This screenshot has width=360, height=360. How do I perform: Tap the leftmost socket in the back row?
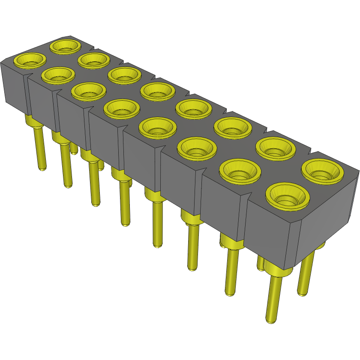pyautogui.click(x=66, y=45)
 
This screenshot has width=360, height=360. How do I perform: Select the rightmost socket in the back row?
pyautogui.click(x=322, y=171)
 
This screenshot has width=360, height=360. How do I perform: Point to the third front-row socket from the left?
pyautogui.click(x=88, y=90)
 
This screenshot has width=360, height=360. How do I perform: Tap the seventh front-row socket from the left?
pyautogui.click(x=240, y=171)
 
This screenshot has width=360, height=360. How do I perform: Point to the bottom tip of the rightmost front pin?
pyautogui.click(x=271, y=321)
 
